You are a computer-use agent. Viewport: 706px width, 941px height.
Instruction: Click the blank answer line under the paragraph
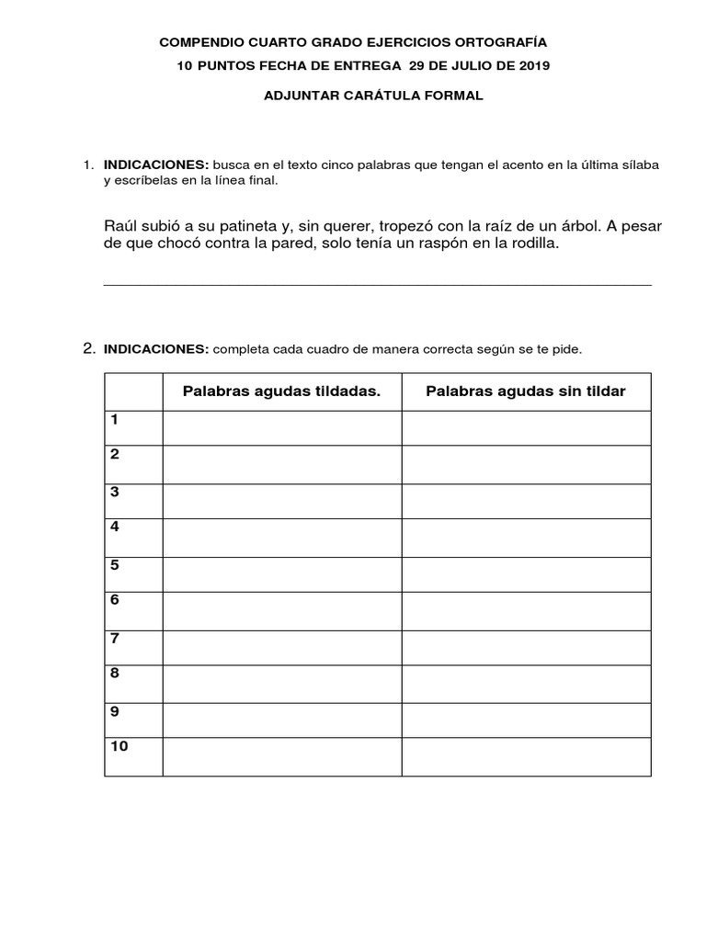tap(377, 283)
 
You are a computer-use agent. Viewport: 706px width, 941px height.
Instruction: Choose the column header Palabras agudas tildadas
tap(281, 391)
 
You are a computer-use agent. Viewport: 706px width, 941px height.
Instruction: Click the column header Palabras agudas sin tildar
tap(525, 391)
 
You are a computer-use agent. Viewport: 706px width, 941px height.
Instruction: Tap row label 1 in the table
tap(115, 420)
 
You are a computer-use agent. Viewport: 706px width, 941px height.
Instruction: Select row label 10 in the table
tap(120, 746)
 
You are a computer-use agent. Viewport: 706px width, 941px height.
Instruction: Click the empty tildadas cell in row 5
tap(282, 573)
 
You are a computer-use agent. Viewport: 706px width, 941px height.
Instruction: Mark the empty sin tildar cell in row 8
tap(526, 683)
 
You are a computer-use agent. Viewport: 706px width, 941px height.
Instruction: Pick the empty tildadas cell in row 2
tap(282, 465)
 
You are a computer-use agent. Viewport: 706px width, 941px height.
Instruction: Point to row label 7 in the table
tap(115, 638)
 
